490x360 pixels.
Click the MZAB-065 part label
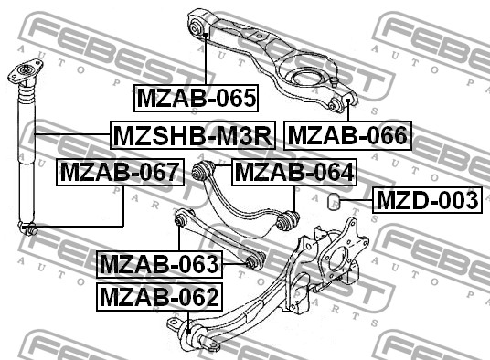pos(196,98)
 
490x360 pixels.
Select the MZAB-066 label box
pos(347,135)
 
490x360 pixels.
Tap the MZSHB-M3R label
pos(193,135)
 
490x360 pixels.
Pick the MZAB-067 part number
pos(120,173)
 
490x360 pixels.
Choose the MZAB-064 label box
pos(294,173)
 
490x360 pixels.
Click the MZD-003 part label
pos(427,200)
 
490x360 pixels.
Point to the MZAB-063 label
pos(159,264)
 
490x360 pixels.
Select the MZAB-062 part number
pos(159,297)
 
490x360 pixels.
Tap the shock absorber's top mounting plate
pos(25,71)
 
